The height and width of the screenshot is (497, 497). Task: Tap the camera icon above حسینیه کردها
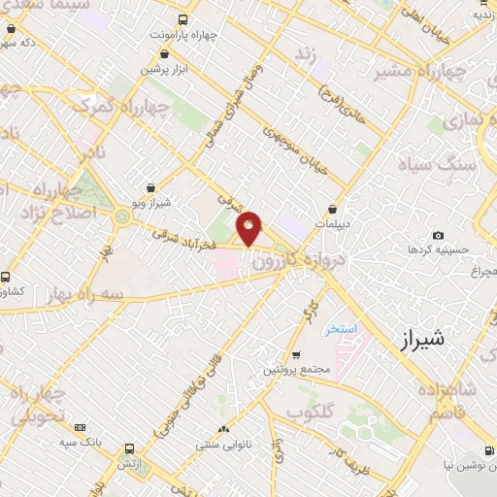[x=439, y=236]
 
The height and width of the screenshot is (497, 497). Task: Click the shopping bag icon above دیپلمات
[x=332, y=208]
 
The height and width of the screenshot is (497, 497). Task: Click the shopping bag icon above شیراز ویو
[x=149, y=188]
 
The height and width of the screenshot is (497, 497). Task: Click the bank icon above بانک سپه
[x=80, y=427]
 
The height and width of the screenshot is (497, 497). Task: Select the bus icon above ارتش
[x=130, y=449]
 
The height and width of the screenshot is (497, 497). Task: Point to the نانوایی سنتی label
[x=226, y=444]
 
